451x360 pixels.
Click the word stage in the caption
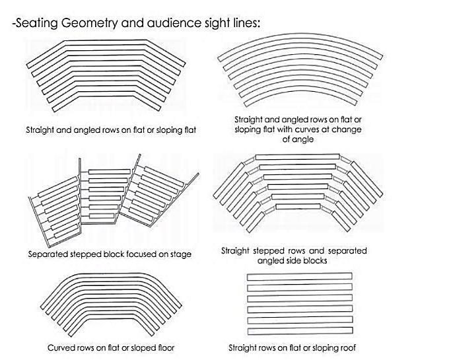(180, 254)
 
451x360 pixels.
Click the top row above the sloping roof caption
(300, 276)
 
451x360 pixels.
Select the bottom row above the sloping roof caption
(300, 331)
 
